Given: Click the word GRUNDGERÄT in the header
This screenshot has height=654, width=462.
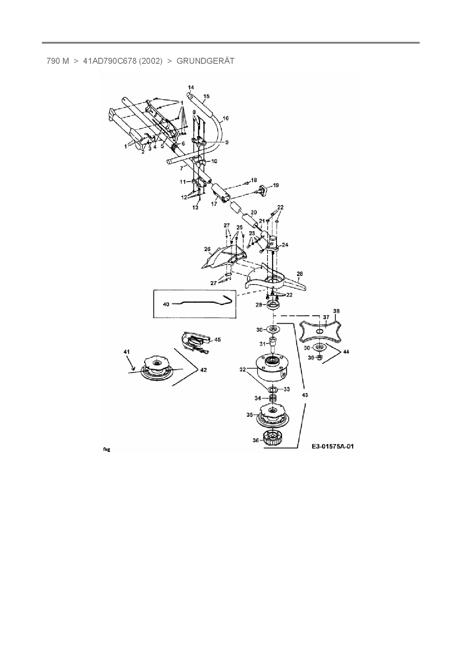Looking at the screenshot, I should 205,61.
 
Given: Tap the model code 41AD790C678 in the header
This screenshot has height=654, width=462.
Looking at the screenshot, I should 110,61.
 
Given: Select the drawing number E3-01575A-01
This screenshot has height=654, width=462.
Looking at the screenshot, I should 333,446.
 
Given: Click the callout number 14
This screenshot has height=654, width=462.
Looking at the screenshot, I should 191,88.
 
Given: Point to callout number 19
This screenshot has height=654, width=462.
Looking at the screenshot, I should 276,185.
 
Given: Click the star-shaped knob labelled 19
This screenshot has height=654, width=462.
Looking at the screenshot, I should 264,190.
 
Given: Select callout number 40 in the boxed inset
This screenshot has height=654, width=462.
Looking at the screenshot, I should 166,304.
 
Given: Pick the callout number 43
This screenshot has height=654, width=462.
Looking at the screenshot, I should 305,395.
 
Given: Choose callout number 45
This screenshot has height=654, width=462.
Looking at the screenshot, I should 218,340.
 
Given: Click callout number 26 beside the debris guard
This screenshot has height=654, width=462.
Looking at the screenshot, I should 208,249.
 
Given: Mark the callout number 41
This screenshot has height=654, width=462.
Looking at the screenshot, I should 127,352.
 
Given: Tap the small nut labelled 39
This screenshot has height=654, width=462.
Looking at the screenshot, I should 319,358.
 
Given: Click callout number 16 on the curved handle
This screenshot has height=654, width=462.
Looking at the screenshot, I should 225,119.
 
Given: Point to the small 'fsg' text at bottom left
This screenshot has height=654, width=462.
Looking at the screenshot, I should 107,450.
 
